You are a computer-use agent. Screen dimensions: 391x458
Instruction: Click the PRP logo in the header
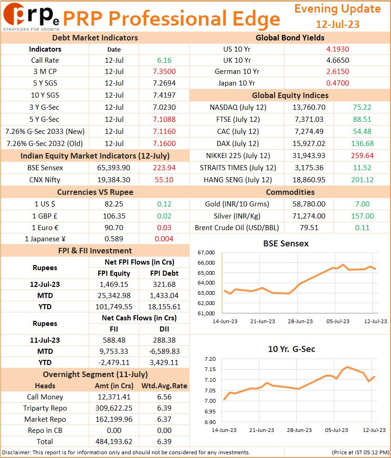tap(31, 16)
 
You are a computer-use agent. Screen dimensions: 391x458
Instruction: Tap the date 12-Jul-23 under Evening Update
tap(338, 24)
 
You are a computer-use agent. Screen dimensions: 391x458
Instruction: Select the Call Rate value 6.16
tap(164, 60)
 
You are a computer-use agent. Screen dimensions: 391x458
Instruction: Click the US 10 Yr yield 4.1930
tap(338, 49)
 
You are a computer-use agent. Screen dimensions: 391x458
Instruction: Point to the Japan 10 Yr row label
tap(237, 83)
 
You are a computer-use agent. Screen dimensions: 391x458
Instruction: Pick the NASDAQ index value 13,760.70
tap(309, 107)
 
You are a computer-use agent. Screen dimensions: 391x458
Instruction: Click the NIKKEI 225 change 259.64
tap(362, 155)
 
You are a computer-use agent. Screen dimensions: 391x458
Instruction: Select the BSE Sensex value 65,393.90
tap(113, 168)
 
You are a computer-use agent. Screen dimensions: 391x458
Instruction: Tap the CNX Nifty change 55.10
tap(164, 179)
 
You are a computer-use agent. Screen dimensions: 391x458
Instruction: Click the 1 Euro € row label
tap(45, 227)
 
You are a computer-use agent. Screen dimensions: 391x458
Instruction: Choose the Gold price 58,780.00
tap(309, 204)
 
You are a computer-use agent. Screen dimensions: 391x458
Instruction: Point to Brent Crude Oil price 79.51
tap(309, 227)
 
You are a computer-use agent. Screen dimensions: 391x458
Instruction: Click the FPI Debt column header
tap(164, 273)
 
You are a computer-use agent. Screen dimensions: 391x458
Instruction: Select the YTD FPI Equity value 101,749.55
tap(113, 307)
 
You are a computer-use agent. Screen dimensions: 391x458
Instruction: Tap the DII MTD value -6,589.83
tap(164, 351)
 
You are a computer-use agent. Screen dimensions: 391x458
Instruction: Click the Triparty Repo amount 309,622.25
tap(113, 408)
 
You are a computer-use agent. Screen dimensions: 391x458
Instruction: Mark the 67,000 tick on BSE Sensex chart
tap(206, 252)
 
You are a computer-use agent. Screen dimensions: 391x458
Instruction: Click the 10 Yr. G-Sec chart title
tap(292, 349)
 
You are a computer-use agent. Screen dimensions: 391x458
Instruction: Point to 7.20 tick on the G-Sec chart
tap(210, 359)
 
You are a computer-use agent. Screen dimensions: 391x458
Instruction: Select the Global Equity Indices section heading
tap(290, 95)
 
